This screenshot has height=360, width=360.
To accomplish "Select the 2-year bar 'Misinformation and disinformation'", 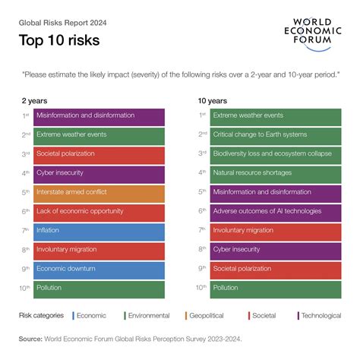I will tap(99, 116).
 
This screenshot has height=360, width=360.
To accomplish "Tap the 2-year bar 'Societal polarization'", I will tap(99, 154).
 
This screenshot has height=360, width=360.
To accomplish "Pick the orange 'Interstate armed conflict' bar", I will tap(99, 193).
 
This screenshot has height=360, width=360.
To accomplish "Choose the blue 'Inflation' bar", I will tap(99, 231).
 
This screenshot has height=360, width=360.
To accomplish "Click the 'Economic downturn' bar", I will tap(99, 269).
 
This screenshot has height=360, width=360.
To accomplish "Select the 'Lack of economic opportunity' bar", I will tap(99, 212).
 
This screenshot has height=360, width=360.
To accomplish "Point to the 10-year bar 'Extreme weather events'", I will tap(276, 116).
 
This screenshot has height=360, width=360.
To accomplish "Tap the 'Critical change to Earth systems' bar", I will tap(276, 135).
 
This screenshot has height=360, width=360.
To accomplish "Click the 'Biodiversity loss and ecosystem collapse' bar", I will tap(276, 154).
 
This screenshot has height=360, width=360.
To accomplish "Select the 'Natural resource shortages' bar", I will tap(276, 173).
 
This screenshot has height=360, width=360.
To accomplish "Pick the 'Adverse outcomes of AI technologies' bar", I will tap(276, 212).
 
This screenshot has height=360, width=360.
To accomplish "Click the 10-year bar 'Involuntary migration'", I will tap(276, 231).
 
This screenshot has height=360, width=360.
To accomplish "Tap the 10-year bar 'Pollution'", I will tap(276, 288).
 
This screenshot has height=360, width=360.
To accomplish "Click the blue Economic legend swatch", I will tap(74, 314).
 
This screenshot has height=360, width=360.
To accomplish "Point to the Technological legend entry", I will tap(320, 314).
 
